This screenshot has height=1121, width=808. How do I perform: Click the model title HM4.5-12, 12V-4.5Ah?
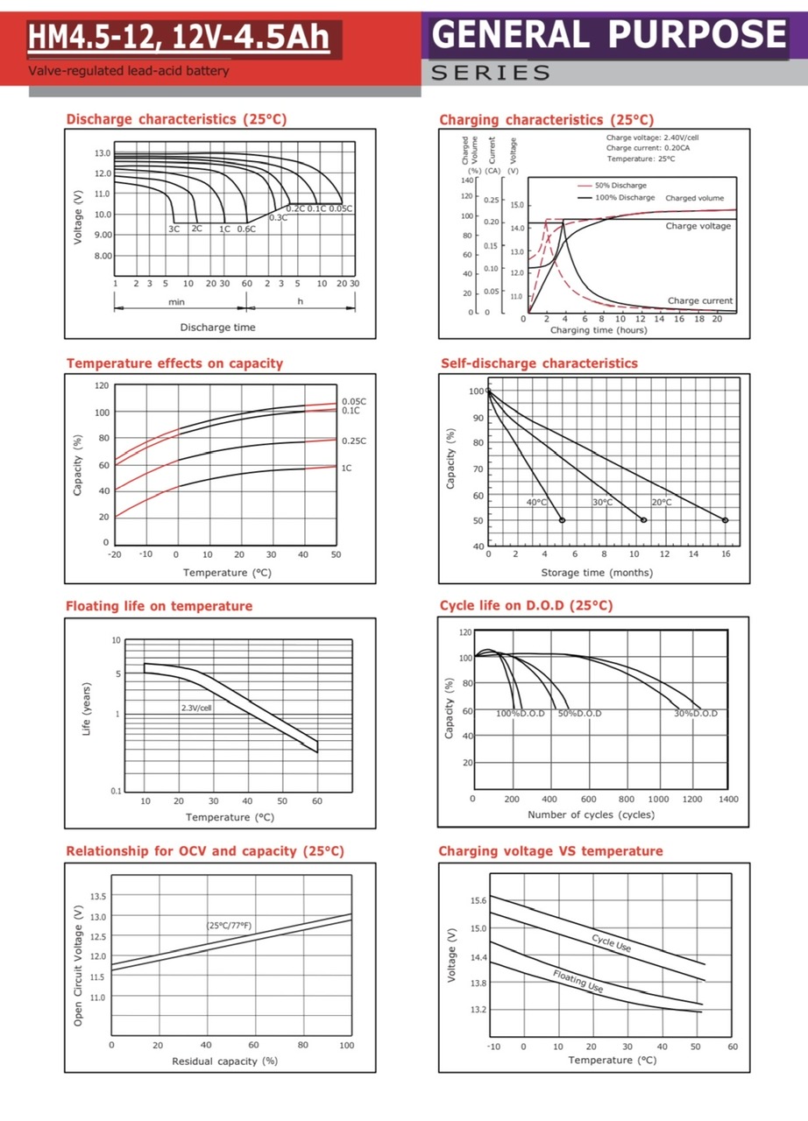(179, 38)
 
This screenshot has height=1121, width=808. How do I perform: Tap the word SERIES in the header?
(491, 73)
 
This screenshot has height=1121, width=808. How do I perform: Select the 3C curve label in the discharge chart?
(174, 229)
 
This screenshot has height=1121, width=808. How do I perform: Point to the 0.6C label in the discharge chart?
(245, 229)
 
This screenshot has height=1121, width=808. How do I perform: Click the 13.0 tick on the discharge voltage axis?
(103, 153)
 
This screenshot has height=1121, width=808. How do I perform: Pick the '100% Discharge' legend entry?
(625, 198)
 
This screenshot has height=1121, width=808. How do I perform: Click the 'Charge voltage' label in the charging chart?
(698, 226)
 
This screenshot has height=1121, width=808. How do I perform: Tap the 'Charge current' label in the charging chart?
(699, 300)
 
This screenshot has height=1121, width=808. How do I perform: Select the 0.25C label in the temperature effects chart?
(354, 441)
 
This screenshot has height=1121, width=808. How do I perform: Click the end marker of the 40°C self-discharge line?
(562, 520)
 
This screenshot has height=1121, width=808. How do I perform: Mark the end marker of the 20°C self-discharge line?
(725, 520)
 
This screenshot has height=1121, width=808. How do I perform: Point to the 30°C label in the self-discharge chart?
(602, 503)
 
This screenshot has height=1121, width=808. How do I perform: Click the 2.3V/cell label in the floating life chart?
(196, 707)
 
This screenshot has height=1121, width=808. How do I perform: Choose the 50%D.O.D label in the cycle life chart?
(580, 714)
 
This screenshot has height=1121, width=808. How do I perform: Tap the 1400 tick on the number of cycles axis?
(727, 799)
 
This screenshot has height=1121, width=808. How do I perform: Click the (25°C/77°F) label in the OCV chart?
(230, 925)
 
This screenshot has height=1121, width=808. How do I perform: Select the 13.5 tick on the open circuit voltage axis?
(96, 896)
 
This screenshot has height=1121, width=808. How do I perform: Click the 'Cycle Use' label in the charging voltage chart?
(611, 942)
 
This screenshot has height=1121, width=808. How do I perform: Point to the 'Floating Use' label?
(578, 981)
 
